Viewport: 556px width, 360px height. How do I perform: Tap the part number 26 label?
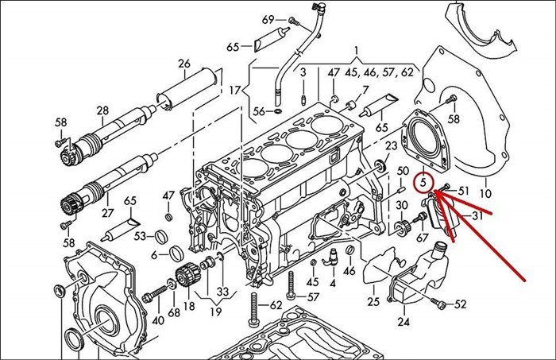pyautogui.click(x=184, y=64)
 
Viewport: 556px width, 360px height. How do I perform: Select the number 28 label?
pyautogui.click(x=102, y=110)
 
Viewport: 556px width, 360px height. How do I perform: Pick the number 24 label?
pyautogui.click(x=403, y=322)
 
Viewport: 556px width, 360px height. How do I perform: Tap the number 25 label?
pyautogui.click(x=373, y=301)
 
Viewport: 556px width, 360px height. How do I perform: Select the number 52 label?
pyautogui.click(x=461, y=304)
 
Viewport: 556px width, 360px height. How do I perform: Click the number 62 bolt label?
pyautogui.click(x=276, y=304)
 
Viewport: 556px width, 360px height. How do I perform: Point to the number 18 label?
pyautogui.click(x=189, y=305)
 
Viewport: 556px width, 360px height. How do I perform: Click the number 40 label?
pyautogui.click(x=158, y=320)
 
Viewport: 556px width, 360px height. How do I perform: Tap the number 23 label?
pyautogui.click(x=391, y=146)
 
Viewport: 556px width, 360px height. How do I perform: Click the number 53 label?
pyautogui.click(x=140, y=236)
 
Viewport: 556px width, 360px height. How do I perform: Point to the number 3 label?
pyautogui.click(x=303, y=73)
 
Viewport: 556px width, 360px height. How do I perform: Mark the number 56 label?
pyautogui.click(x=258, y=112)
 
